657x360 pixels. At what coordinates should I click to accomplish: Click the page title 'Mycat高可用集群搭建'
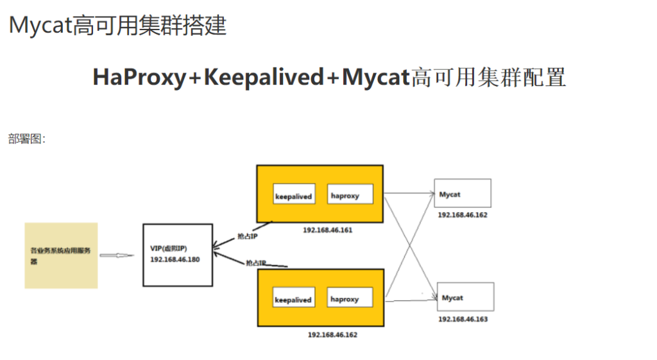click(117, 26)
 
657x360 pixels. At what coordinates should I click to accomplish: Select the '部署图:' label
click(27, 139)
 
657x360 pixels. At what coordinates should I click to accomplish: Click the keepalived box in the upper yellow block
click(293, 195)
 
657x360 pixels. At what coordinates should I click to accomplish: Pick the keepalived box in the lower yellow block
click(293, 299)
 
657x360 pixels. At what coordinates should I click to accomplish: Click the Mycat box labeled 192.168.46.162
click(463, 193)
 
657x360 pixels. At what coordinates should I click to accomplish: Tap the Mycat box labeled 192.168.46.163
click(465, 296)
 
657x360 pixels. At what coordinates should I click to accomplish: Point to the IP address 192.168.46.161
click(327, 230)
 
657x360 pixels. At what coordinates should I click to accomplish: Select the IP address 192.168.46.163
click(463, 319)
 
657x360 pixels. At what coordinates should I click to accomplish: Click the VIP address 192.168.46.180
click(175, 259)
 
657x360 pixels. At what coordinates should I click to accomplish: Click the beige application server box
click(61, 255)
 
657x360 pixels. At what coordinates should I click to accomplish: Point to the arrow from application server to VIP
click(117, 255)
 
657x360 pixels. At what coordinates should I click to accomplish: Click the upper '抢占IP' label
click(248, 236)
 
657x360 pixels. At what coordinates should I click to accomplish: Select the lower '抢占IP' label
click(256, 263)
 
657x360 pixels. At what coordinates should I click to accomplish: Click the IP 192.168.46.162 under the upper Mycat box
click(463, 215)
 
